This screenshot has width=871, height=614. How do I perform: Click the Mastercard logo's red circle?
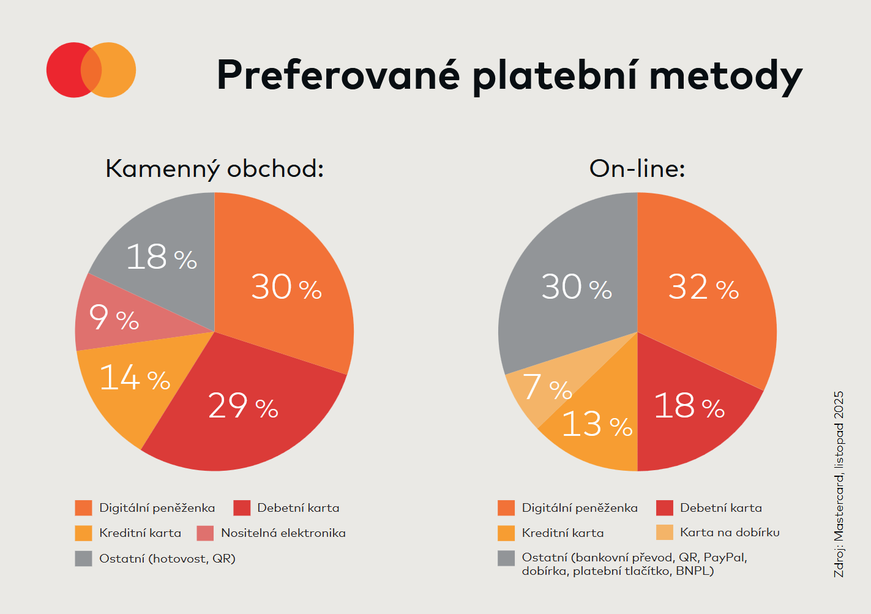[x=64, y=70]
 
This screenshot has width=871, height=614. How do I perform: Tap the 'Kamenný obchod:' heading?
[x=214, y=168]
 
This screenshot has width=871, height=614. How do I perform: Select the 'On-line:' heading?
[x=637, y=168]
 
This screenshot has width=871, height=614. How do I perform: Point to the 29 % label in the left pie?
[x=243, y=405]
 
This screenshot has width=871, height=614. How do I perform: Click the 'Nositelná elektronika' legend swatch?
[x=205, y=533]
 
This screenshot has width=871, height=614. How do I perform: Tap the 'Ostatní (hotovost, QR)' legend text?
[x=167, y=558]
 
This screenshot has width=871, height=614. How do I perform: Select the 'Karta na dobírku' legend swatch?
[x=664, y=533]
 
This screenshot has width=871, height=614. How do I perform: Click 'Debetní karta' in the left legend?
[x=298, y=508]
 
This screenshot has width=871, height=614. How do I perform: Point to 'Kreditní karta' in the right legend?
[x=563, y=533]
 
